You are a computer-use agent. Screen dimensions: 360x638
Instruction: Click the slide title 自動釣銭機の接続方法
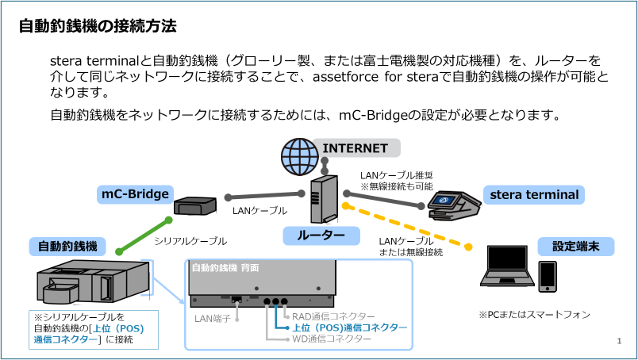97,25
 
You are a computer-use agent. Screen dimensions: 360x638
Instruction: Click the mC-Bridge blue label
135,194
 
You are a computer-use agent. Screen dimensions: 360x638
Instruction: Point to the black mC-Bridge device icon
193,206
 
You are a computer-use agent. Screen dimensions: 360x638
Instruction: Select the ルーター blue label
321,236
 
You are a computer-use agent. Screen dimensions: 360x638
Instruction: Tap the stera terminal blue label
534,194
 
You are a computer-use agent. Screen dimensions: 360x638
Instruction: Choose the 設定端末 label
575,246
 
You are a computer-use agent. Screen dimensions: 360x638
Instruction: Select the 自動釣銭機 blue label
67,246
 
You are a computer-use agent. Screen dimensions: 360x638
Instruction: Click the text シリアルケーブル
190,241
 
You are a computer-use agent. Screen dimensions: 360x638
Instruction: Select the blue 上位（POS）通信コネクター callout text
350,327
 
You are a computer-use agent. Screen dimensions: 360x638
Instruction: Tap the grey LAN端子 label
212,319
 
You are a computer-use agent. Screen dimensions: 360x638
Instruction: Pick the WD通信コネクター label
332,339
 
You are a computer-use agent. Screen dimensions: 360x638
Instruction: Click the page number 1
619,341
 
